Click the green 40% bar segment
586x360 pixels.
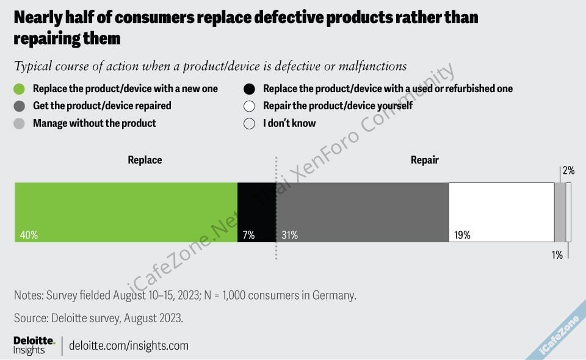[126, 212]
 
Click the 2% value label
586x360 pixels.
[568, 171]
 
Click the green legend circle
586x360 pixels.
[20, 88]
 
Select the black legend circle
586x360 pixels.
[249, 88]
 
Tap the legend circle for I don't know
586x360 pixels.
[249, 123]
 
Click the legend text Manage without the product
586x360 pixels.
[95, 123]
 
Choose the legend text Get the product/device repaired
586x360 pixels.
[102, 106]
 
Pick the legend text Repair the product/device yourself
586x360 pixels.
[338, 106]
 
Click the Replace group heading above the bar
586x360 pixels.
[145, 160]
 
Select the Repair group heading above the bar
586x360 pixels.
[425, 160]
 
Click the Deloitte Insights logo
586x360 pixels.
[34, 345]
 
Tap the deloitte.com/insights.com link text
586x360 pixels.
[129, 345]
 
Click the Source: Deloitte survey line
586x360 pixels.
[98, 318]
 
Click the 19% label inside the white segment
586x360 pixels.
[462, 235]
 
